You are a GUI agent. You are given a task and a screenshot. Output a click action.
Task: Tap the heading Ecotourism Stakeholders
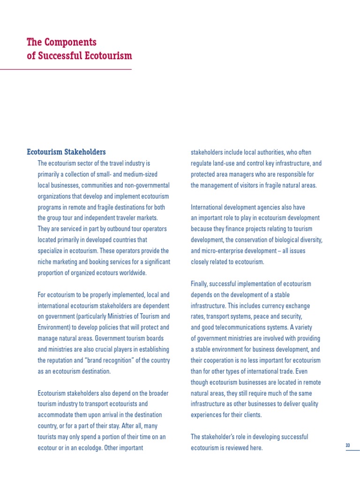[x=66, y=152]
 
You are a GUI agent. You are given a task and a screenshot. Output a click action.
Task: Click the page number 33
[x=348, y=445]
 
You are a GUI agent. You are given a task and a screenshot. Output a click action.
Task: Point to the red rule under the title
[x=66, y=69]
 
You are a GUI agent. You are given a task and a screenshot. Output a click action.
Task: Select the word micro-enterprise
[x=225, y=251]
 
